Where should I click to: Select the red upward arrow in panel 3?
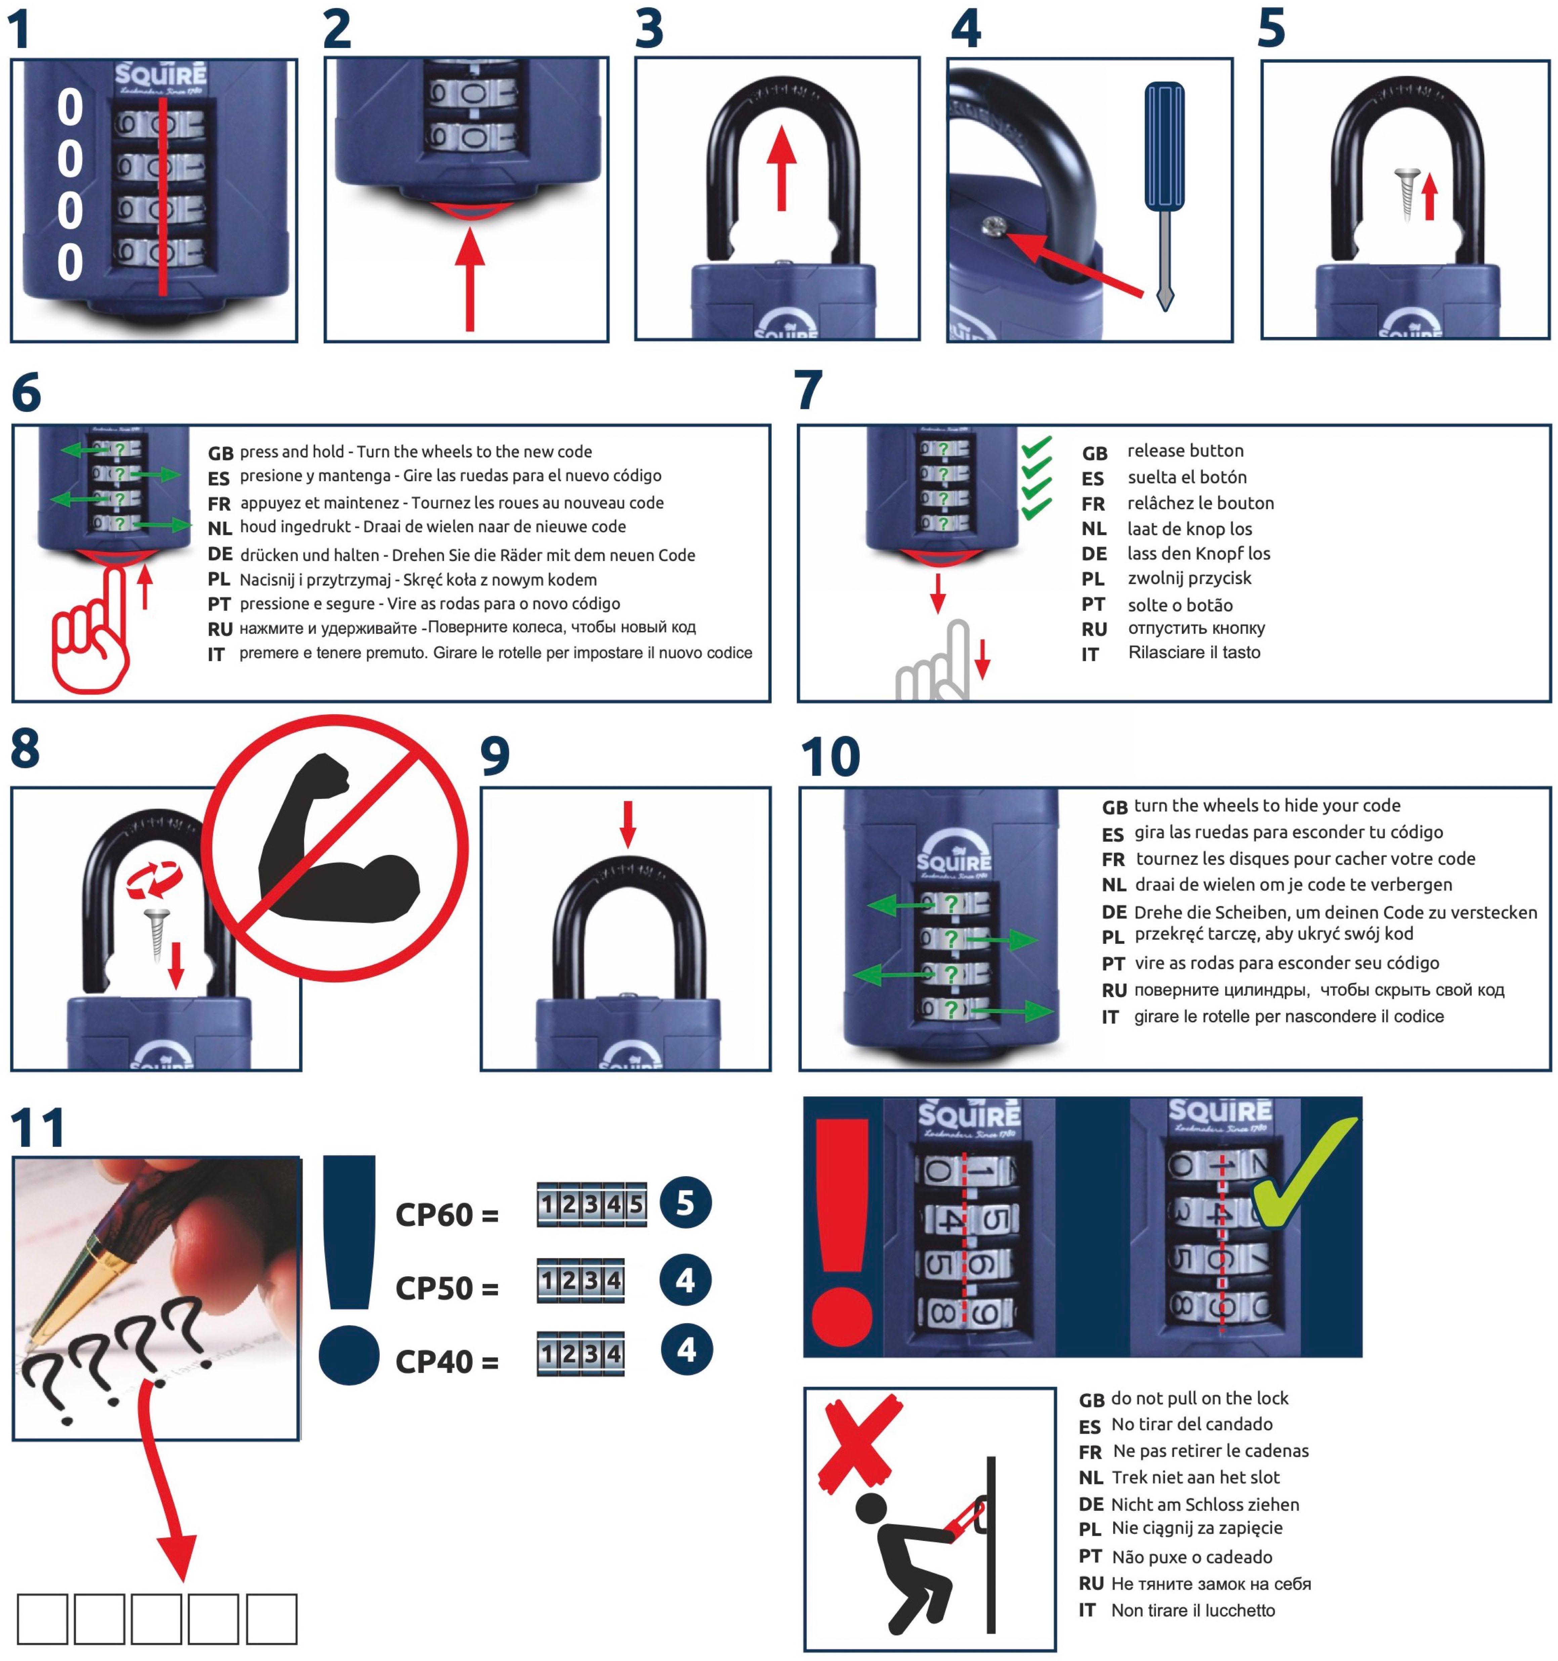(781, 167)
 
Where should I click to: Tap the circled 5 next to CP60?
(685, 1203)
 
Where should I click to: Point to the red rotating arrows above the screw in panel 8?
(155, 882)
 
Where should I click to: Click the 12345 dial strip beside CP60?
(591, 1204)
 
